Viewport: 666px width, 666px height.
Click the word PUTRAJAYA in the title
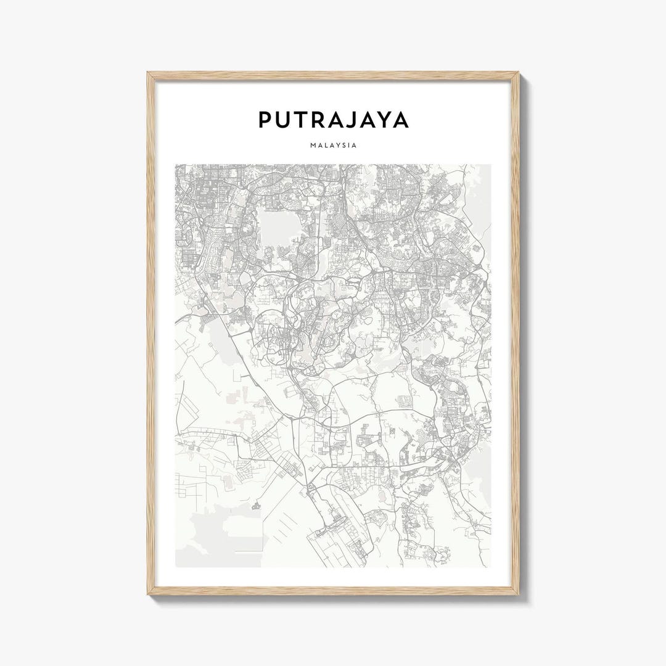coord(333,120)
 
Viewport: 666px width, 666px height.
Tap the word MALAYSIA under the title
coord(333,146)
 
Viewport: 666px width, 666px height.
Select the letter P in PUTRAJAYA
coord(265,120)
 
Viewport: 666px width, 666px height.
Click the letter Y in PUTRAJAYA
coord(382,120)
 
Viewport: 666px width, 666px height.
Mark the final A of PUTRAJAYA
coord(401,120)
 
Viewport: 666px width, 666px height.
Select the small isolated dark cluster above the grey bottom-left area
coord(256,506)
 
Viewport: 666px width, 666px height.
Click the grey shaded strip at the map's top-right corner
coord(481,185)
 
